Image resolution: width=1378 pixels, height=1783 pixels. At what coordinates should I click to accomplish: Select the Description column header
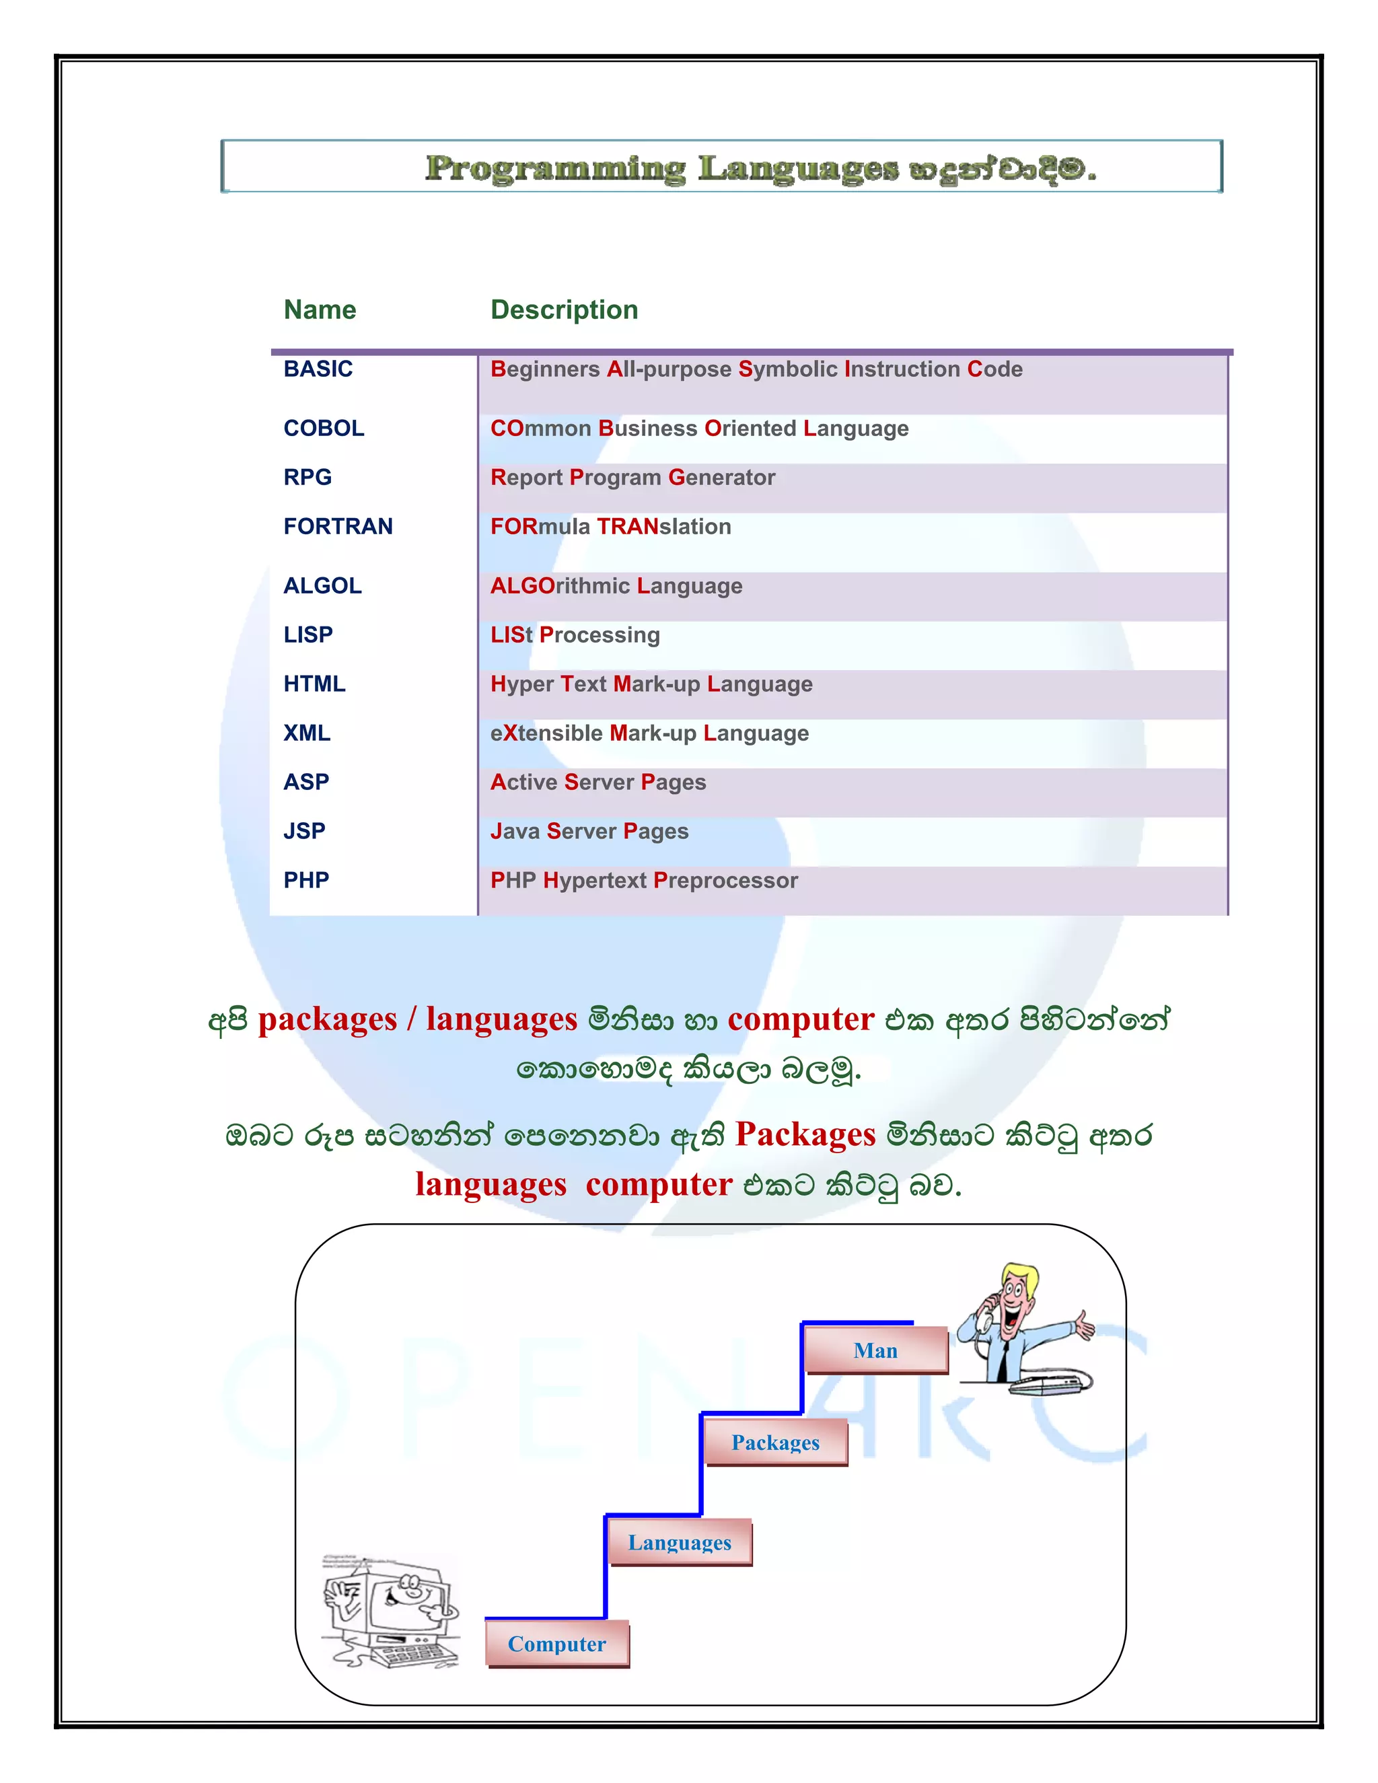click(563, 310)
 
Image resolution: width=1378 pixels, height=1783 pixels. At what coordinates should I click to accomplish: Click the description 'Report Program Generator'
click(632, 477)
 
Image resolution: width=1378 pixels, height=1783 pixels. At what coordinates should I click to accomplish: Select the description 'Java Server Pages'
click(589, 831)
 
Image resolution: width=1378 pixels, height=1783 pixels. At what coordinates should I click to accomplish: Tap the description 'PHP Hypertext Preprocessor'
click(643, 880)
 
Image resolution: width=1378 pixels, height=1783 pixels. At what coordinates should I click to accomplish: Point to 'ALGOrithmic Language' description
click(616, 585)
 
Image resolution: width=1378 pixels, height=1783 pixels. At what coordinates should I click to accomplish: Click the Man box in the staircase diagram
click(875, 1350)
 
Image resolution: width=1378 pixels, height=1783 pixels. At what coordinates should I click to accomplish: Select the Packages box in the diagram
click(776, 1443)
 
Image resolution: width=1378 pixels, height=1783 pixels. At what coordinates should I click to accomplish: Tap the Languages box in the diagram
click(679, 1542)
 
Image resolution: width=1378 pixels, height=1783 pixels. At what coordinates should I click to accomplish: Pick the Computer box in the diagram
click(556, 1644)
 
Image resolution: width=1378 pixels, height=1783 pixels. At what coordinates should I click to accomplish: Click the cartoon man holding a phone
click(1021, 1327)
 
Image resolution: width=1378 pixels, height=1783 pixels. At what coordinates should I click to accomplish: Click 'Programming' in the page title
click(555, 168)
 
